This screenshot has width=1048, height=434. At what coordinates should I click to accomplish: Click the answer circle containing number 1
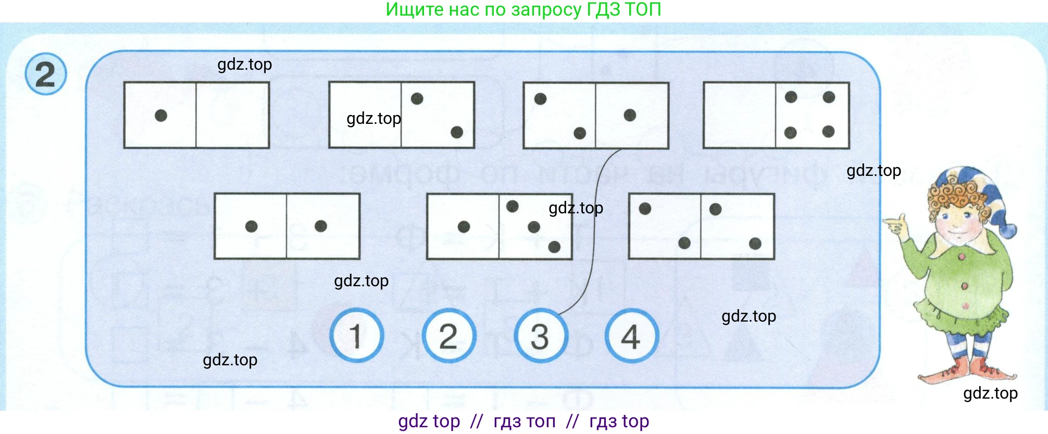click(357, 336)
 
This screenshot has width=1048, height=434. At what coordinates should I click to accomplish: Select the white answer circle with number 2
click(448, 336)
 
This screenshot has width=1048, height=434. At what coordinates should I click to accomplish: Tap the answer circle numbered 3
click(540, 336)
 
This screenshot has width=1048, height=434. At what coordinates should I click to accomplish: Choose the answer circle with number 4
click(631, 336)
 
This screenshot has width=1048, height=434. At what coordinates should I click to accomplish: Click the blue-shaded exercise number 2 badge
click(46, 74)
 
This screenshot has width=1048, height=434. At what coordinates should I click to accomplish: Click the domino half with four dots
click(812, 115)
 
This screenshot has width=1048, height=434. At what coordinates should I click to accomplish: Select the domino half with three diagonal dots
click(535, 226)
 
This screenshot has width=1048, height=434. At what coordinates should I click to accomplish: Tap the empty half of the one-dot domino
click(232, 115)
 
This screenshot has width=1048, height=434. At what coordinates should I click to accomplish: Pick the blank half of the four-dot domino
click(740, 115)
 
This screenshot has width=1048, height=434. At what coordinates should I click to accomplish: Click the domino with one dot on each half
click(287, 226)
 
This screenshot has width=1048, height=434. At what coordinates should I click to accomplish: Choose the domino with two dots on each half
click(701, 226)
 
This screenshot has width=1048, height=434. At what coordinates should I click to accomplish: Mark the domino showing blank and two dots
click(402, 114)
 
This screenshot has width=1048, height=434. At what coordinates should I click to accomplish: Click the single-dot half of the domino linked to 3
click(631, 115)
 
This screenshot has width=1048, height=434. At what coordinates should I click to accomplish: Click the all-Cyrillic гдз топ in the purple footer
click(525, 421)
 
